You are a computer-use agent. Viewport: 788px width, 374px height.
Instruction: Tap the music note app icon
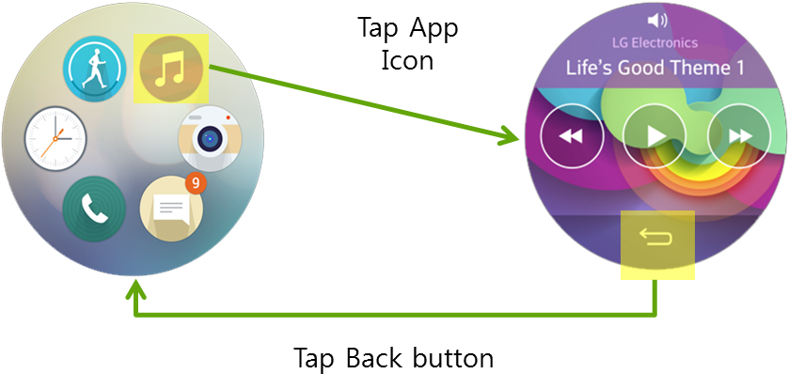[171, 69]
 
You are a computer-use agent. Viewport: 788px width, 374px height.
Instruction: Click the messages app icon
[169, 209]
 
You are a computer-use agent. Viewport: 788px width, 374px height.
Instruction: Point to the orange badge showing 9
[195, 183]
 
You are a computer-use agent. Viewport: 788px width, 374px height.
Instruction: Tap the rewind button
[571, 136]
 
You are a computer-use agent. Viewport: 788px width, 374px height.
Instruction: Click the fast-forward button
[740, 136]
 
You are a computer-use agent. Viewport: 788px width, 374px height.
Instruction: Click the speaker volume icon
[657, 20]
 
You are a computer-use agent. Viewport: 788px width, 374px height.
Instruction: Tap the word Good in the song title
[639, 69]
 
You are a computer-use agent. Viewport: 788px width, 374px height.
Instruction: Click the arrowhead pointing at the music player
[512, 138]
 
